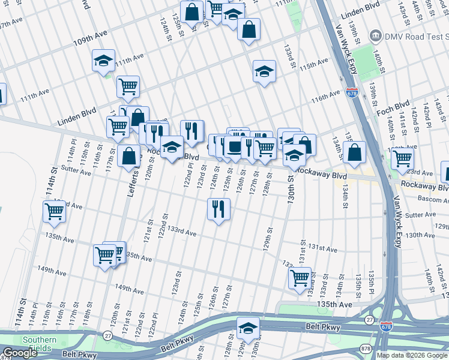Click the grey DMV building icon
point(376,34)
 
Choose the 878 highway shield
point(366,348)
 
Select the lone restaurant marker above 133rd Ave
point(218,209)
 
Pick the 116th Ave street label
point(325,97)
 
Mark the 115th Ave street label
point(314,63)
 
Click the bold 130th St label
point(291,198)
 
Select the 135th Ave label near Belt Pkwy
point(337,305)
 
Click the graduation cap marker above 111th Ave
point(103,61)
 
